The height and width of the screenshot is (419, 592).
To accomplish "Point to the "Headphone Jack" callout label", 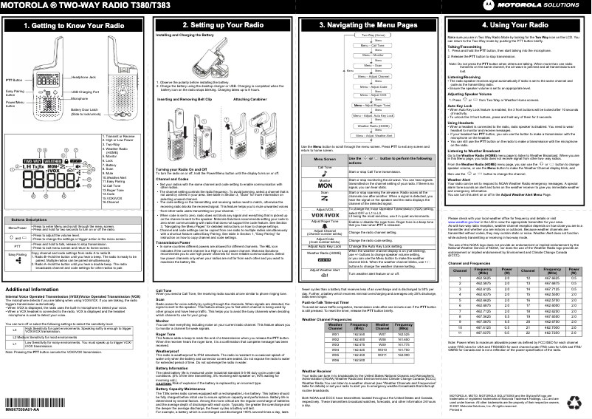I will point(84,76).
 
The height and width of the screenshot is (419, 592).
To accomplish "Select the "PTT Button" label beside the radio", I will point(13,78).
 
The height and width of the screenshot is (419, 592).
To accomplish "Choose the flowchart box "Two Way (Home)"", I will point(372,35).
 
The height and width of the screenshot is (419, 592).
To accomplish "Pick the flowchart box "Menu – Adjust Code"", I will point(372,87).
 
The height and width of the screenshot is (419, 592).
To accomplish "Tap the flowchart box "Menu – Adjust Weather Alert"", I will point(372,135).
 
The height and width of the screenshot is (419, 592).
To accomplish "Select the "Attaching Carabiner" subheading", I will point(250,98).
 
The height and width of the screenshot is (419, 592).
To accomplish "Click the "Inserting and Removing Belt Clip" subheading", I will point(187,98).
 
